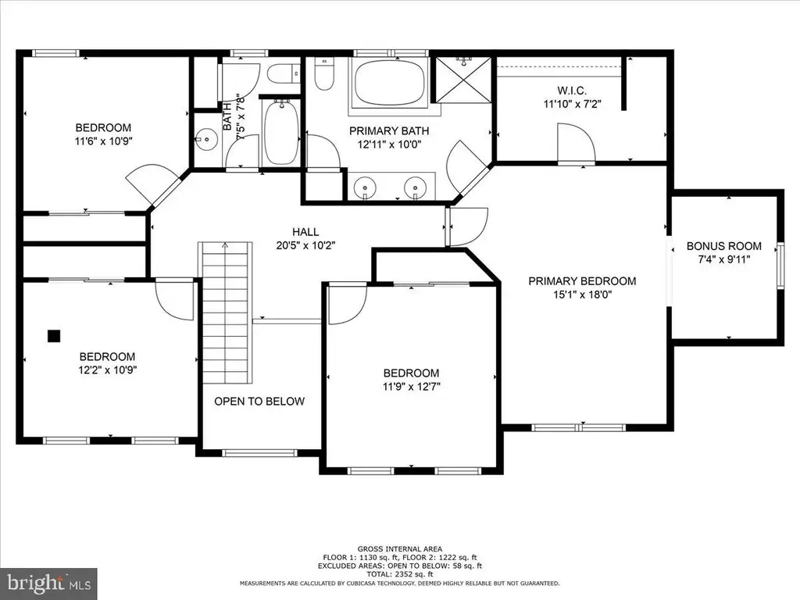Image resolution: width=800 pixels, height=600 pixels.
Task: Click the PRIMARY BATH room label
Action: coord(389,131)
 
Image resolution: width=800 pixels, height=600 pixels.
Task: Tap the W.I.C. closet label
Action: coord(571,91)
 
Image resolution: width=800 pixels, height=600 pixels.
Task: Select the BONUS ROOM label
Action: coord(723,246)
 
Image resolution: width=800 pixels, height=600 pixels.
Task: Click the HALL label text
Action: coord(305,231)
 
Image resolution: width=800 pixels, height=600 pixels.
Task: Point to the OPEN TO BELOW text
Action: coord(259,402)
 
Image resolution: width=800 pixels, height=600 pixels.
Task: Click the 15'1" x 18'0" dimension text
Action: coord(582,295)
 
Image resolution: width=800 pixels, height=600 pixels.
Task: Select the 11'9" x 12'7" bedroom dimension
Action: coord(411,386)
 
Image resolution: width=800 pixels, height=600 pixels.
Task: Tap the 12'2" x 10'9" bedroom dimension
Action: coord(107,370)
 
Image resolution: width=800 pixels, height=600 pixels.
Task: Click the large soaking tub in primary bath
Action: coord(389,83)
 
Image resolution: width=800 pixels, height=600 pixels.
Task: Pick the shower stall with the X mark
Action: coord(462,80)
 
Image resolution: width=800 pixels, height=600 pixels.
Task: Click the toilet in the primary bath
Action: coord(324,74)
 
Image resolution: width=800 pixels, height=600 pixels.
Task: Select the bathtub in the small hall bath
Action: coord(280,132)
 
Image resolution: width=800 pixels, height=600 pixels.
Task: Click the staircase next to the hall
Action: coord(225,312)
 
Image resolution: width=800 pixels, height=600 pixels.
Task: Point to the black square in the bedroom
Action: coord(54,336)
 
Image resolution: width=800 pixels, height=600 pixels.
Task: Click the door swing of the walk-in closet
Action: coord(576,144)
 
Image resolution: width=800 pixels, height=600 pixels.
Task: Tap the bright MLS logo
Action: coord(48,583)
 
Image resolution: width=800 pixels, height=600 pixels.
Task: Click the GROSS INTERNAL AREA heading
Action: coord(399,549)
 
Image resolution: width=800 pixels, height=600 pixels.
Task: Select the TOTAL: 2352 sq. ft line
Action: coord(399,574)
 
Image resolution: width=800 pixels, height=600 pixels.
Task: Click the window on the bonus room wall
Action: coord(780,266)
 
